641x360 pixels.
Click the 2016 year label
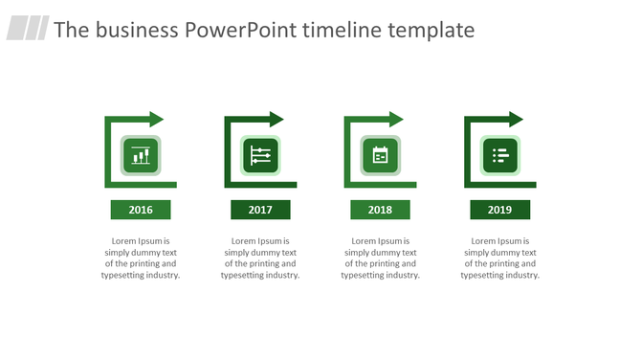click(141, 210)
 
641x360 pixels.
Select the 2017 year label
click(260, 210)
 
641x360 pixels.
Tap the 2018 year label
click(380, 210)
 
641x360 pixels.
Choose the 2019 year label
click(499, 210)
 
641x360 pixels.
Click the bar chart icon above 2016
click(141, 155)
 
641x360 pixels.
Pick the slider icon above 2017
click(260, 155)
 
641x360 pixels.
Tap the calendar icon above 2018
click(380, 155)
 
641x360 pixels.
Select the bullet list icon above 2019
click(499, 155)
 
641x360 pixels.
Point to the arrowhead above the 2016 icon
click(156, 120)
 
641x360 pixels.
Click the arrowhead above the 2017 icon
click(276, 120)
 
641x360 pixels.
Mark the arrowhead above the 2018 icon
click(395, 120)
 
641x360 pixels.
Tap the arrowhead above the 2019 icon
click(516, 120)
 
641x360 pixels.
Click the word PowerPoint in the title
click(239, 30)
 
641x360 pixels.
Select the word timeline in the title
click(342, 30)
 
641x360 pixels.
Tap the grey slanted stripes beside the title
click(28, 29)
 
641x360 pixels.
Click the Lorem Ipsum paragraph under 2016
click(141, 258)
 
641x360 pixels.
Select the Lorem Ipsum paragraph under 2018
click(380, 258)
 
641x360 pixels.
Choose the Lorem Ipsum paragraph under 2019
click(499, 258)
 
